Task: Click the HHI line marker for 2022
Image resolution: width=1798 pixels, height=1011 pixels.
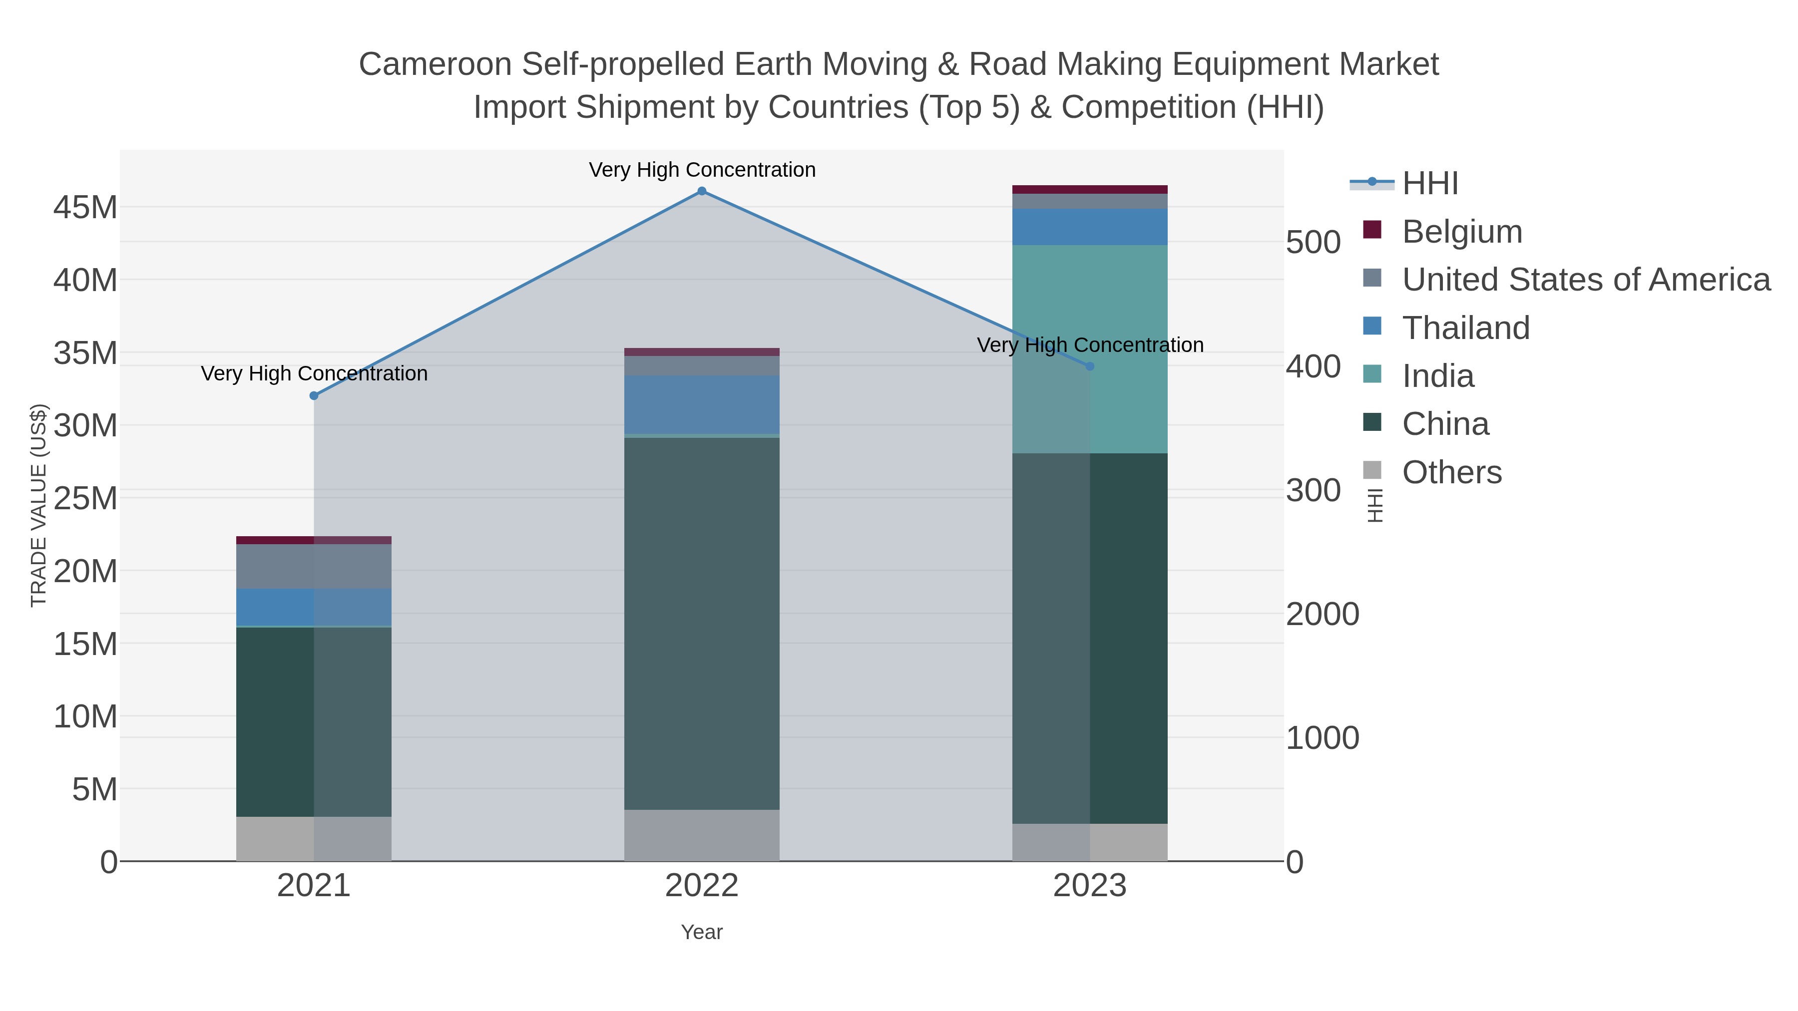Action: [x=702, y=191]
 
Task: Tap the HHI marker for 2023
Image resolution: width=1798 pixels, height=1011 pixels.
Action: [x=1090, y=366]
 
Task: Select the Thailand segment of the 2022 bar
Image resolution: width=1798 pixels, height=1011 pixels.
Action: [x=702, y=405]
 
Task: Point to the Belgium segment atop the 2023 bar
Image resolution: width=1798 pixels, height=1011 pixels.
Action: [x=1090, y=189]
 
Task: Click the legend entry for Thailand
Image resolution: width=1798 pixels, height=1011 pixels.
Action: [x=1466, y=328]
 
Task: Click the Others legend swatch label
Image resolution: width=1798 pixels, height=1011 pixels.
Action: [x=1452, y=472]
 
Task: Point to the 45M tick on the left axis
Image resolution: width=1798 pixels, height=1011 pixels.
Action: [x=85, y=207]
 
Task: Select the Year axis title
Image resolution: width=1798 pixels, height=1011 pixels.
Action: [x=702, y=932]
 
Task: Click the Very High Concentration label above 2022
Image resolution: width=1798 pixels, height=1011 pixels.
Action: [x=702, y=170]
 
